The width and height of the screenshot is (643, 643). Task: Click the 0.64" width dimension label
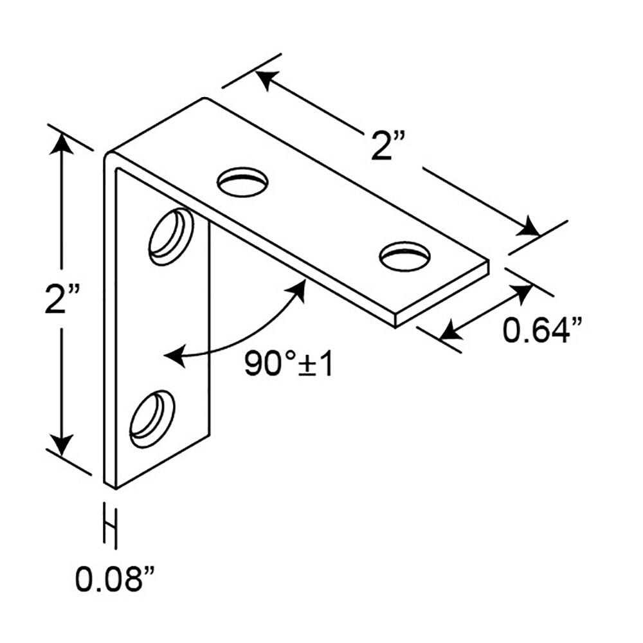coord(543,330)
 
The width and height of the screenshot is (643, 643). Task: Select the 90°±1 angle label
coord(289,364)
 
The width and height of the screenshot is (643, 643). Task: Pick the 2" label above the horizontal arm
coord(388,145)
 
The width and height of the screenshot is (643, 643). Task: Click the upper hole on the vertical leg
coord(171,237)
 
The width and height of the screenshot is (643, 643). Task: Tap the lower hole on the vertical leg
coord(152,419)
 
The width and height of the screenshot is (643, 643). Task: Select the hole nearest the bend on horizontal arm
coord(243,182)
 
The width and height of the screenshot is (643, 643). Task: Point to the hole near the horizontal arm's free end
coord(405,257)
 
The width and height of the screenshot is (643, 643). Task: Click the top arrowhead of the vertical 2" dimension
coord(62,143)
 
